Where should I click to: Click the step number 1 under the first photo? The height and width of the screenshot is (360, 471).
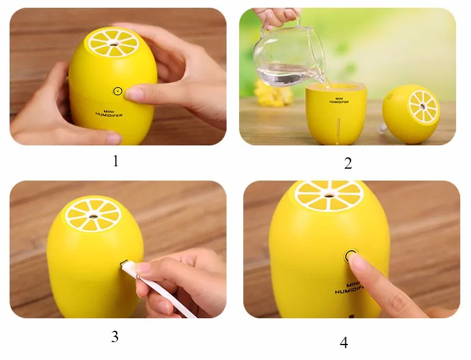116,161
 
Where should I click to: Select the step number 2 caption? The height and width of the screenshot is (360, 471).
348,163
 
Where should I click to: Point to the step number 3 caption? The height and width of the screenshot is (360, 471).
114,336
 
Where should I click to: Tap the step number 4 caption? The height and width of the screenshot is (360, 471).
344,342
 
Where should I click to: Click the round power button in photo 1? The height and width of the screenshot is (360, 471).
117,91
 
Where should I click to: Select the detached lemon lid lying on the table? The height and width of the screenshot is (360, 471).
411,113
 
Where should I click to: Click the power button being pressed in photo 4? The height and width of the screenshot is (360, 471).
350,256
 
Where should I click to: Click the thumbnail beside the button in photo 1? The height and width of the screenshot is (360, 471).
135,94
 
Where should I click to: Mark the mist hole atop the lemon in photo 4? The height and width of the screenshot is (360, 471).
330,194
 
